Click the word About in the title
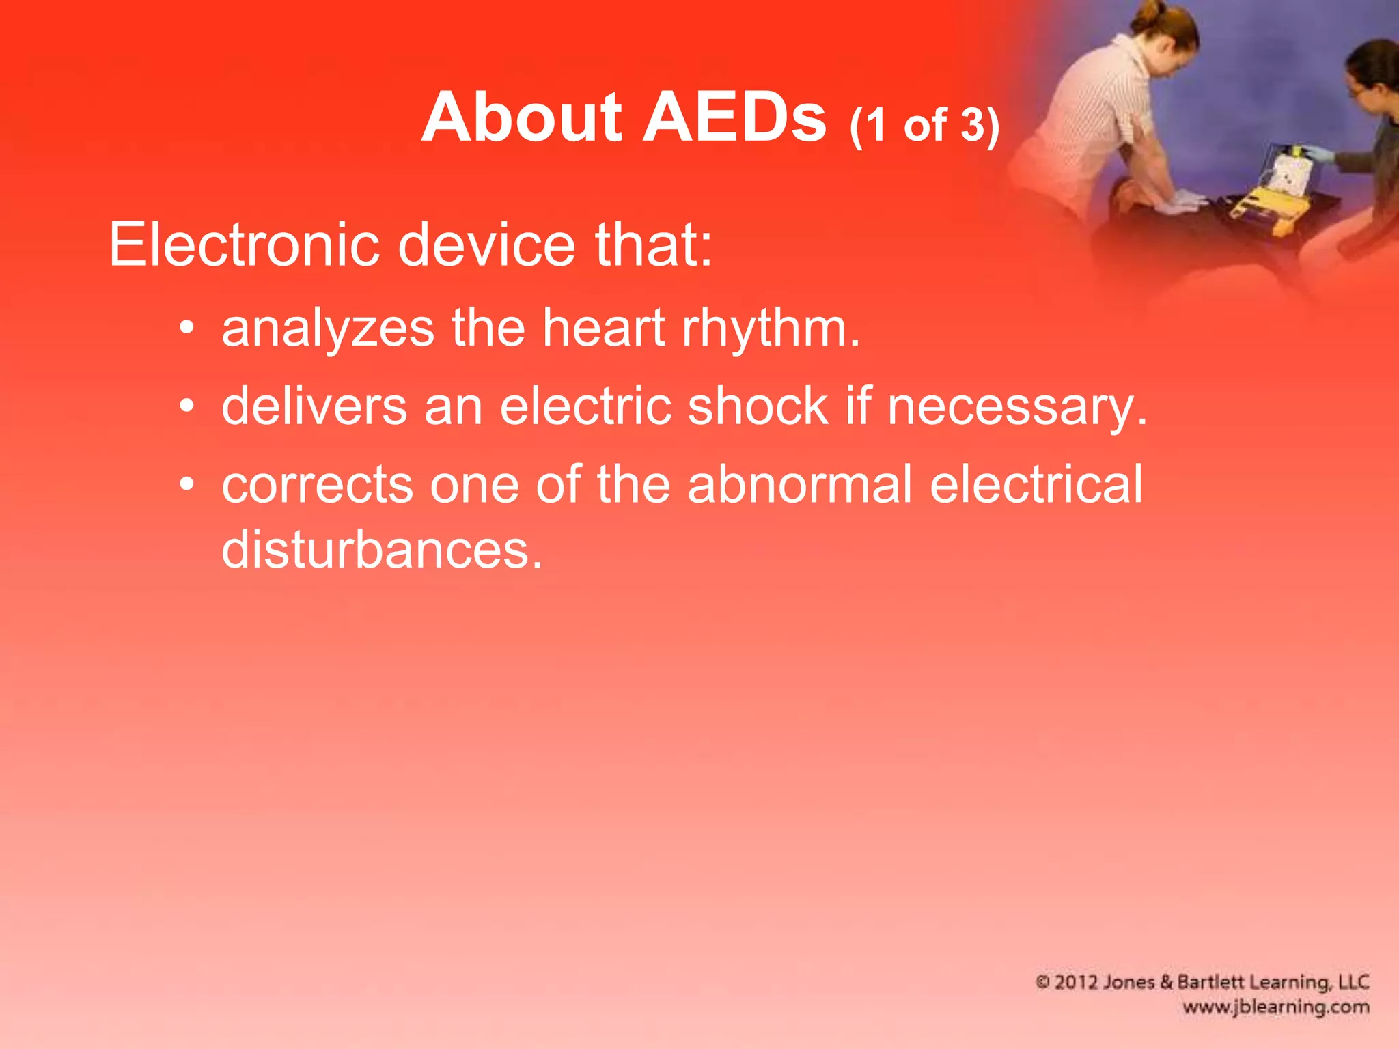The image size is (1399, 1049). (521, 118)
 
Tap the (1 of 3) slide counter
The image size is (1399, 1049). (924, 126)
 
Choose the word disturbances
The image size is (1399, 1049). (382, 550)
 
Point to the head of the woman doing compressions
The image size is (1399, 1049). (1168, 31)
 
